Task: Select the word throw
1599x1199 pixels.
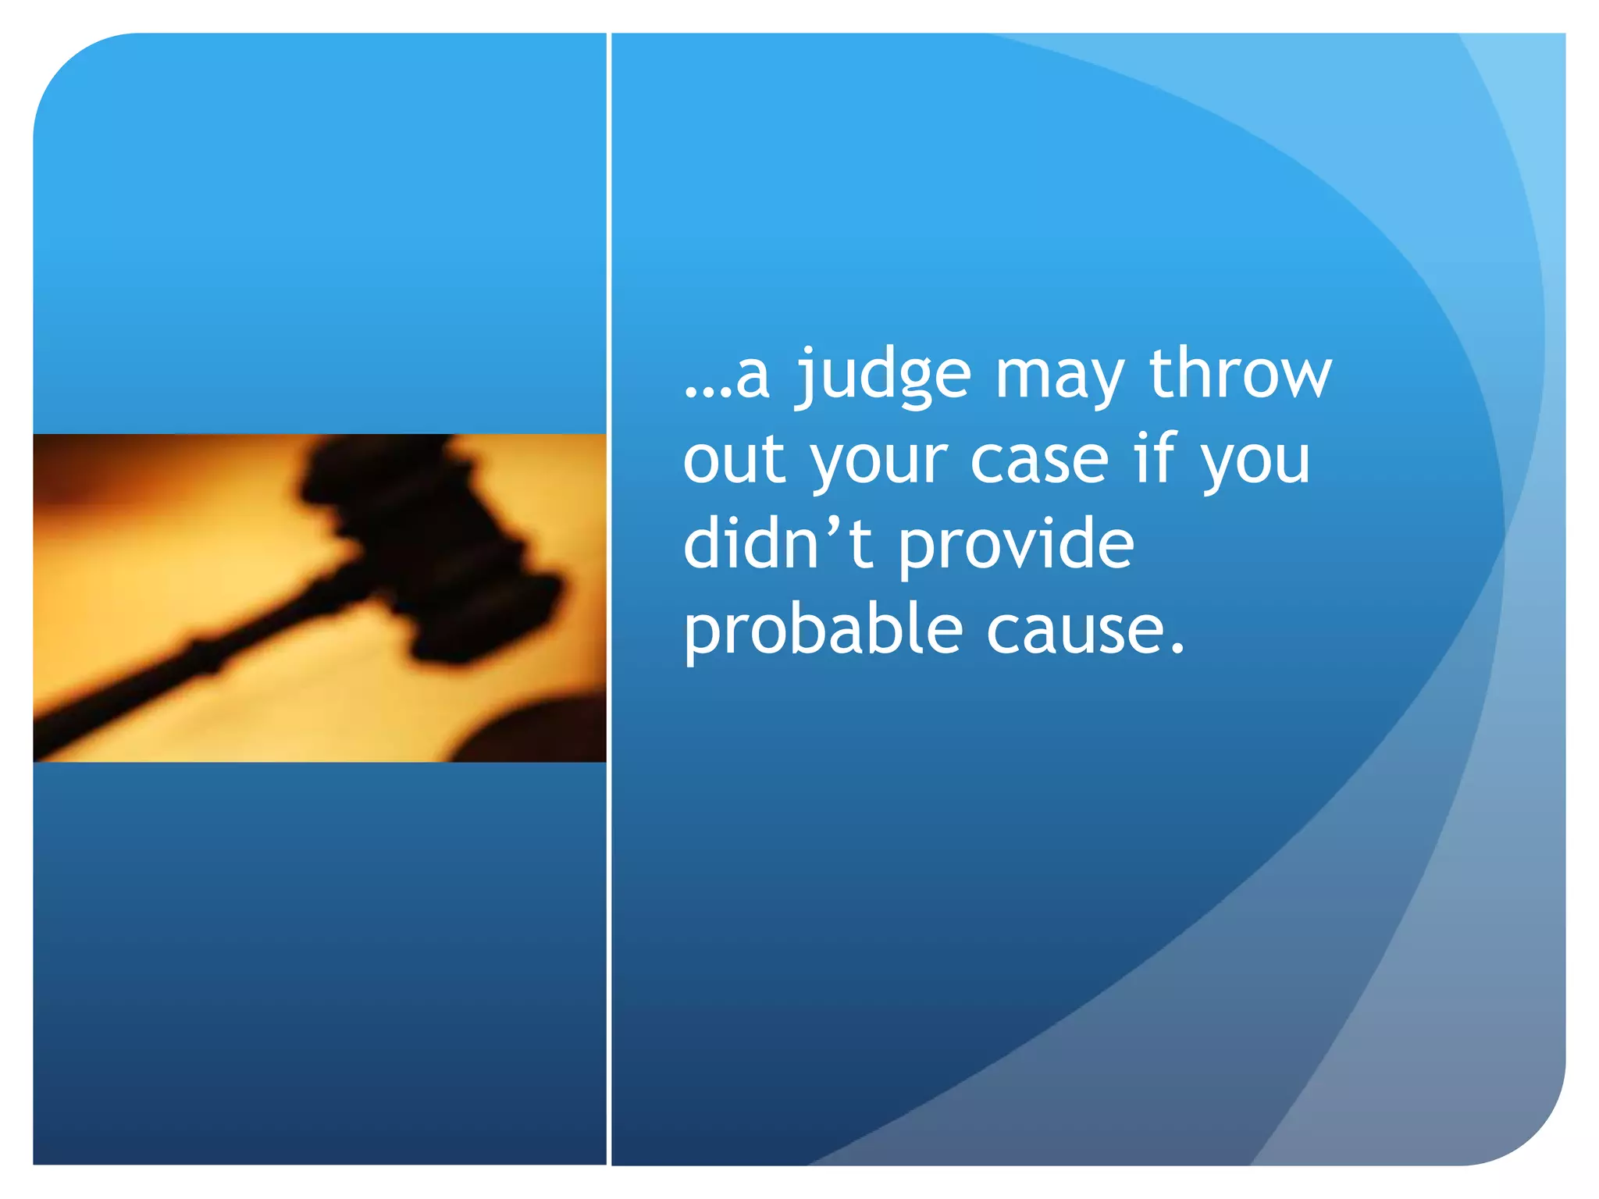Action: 1241,373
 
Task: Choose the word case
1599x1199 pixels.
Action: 1039,461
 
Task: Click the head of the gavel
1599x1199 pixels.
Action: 437,539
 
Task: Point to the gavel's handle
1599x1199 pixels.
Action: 180,664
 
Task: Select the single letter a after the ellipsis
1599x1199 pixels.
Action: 753,378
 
